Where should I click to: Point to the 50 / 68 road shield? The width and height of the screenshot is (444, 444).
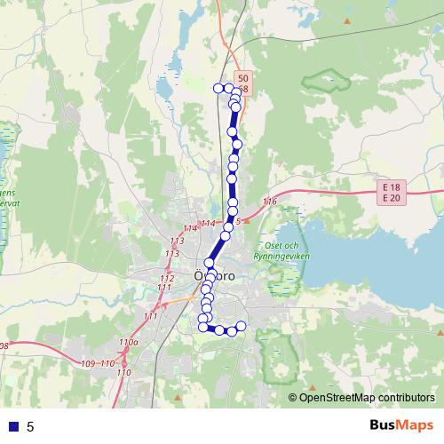242,84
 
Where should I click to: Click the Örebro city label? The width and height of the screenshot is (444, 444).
214,276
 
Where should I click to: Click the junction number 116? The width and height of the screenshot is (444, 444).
270,203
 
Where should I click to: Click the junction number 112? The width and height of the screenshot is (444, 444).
166,279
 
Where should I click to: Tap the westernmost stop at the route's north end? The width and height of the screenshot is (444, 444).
218,87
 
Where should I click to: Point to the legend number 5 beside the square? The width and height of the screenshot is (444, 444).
31,427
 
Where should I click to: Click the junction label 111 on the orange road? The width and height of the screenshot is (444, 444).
149,316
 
